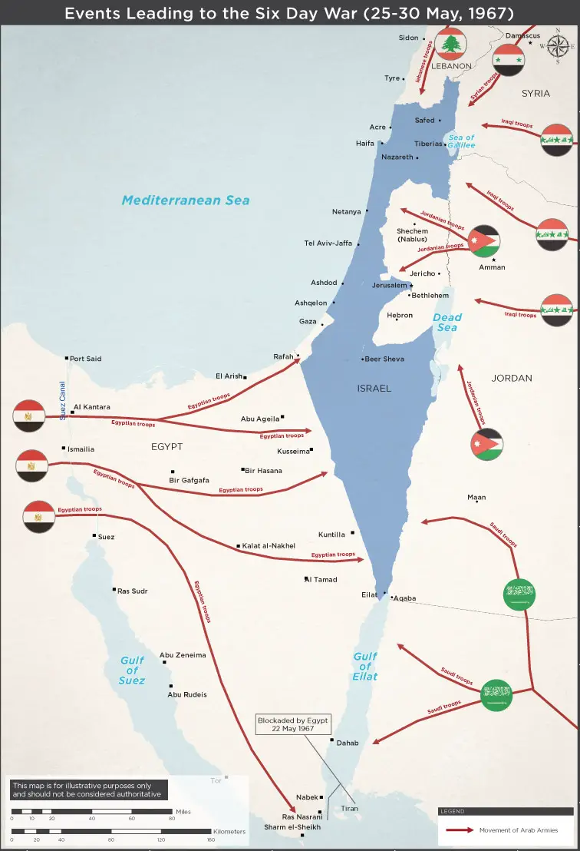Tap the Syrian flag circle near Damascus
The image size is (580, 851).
(x=508, y=59)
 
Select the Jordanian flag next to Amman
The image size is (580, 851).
(x=485, y=241)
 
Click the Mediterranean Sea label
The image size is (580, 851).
(x=186, y=200)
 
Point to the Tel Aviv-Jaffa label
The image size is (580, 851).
(x=328, y=243)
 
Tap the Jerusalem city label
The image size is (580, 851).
(x=390, y=285)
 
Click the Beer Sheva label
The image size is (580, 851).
(x=384, y=359)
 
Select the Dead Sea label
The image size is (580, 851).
(x=447, y=322)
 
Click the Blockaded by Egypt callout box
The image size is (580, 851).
(x=293, y=724)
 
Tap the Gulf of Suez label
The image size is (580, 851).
(x=132, y=670)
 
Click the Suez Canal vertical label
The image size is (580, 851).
(x=63, y=401)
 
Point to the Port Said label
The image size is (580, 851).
(x=85, y=359)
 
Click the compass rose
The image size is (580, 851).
(x=558, y=46)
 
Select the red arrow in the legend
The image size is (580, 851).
(x=458, y=830)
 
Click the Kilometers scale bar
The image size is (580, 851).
(x=110, y=831)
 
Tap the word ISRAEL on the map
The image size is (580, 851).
(x=374, y=389)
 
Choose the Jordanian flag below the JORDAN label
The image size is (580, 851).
(x=487, y=445)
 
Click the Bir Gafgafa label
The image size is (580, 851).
(x=189, y=480)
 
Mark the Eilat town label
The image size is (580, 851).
(x=369, y=594)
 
